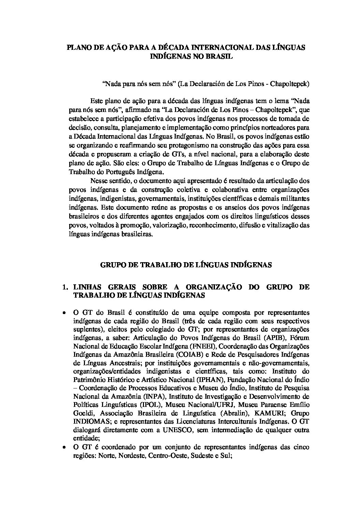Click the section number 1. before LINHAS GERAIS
point(66,287)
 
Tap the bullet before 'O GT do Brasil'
point(64,313)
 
